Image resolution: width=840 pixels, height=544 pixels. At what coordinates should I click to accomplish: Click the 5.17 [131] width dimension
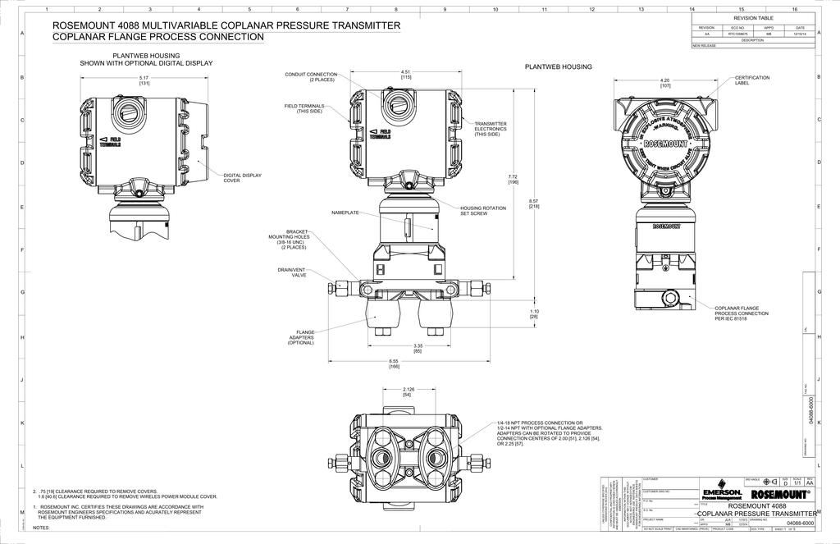click(x=144, y=80)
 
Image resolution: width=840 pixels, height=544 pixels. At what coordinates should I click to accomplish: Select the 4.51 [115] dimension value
click(x=405, y=74)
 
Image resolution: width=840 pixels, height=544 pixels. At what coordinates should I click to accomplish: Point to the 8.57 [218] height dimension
click(x=534, y=203)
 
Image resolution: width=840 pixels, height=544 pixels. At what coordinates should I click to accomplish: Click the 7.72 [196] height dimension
click(x=514, y=179)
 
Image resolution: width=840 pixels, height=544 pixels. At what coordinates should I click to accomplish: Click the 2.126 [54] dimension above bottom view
click(x=408, y=391)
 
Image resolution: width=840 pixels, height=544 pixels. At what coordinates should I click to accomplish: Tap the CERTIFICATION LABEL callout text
click(x=752, y=80)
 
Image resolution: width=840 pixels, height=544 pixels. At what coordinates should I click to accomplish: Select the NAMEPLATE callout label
click(x=345, y=213)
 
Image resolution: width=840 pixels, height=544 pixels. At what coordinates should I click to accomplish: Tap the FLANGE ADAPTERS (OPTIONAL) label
click(x=300, y=337)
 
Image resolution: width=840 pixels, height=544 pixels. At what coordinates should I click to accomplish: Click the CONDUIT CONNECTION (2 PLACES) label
click(x=311, y=76)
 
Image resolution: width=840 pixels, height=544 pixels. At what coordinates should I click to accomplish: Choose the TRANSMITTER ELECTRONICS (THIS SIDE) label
click(x=491, y=129)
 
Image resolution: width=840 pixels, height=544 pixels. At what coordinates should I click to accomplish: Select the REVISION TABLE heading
click(x=753, y=17)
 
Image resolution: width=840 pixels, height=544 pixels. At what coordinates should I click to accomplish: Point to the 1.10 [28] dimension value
click(x=534, y=313)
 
